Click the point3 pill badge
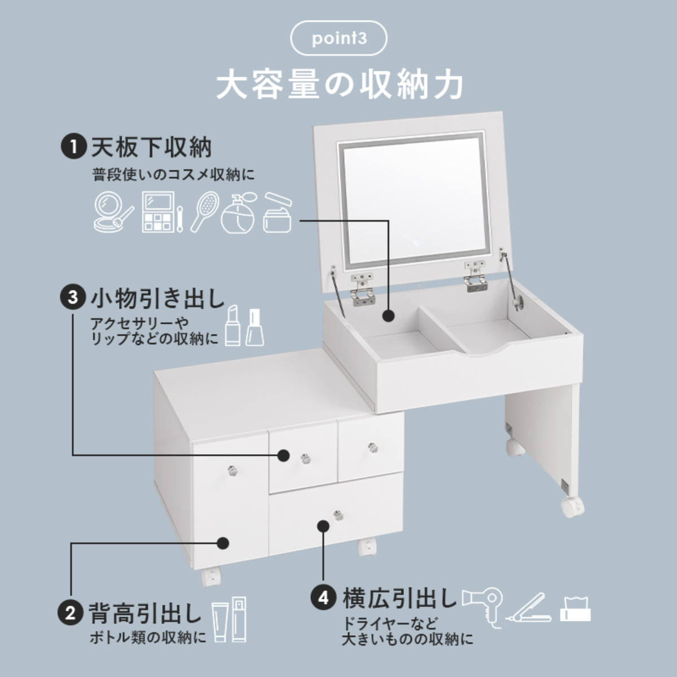pyautogui.click(x=338, y=39)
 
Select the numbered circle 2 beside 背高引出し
pyautogui.click(x=71, y=613)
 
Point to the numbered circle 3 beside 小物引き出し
pyautogui.click(x=72, y=297)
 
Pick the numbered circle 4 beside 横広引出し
pyautogui.click(x=323, y=598)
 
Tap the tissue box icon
pyautogui.click(x=575, y=608)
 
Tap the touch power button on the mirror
pyautogui.click(x=416, y=243)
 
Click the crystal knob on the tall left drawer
pyautogui.click(x=231, y=469)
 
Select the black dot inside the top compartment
pyautogui.click(x=388, y=315)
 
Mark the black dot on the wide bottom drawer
pyautogui.click(x=323, y=526)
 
